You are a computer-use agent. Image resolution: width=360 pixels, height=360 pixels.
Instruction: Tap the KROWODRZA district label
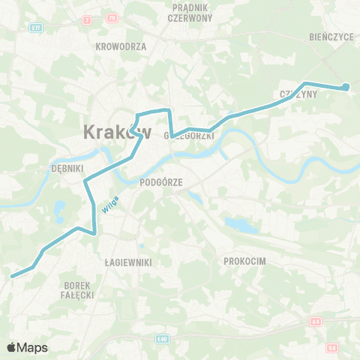[x=121, y=46]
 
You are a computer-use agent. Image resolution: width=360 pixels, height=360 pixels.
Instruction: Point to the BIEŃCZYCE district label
[x=330, y=35]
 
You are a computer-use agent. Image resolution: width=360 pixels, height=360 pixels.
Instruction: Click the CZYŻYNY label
[x=298, y=94]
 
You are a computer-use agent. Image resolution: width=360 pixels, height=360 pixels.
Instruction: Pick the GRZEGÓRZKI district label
[x=190, y=136]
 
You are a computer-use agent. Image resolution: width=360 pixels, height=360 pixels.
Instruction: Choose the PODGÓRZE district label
[x=161, y=181]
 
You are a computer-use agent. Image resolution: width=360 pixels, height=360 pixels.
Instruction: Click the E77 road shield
[x=34, y=27]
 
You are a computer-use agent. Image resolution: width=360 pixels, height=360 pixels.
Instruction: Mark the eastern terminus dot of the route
[x=346, y=88]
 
